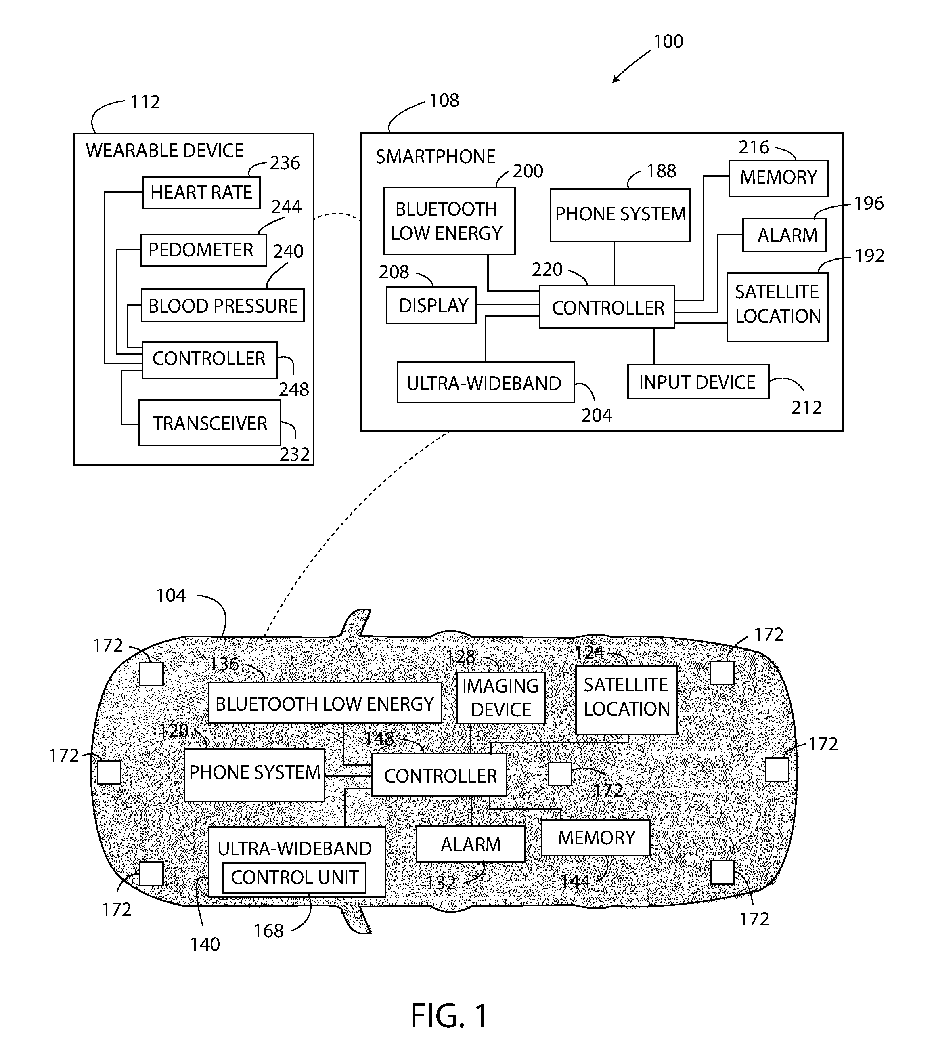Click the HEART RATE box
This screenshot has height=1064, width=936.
[201, 193]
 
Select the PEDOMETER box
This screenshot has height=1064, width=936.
[203, 250]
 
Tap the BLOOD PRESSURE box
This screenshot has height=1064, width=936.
[223, 306]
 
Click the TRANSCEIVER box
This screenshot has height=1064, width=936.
[209, 423]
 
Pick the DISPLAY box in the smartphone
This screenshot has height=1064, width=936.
[431, 305]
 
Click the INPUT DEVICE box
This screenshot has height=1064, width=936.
[698, 382]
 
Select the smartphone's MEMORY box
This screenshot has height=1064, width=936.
[778, 178]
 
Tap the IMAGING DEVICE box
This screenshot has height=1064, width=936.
[500, 698]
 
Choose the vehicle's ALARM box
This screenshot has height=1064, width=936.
[470, 844]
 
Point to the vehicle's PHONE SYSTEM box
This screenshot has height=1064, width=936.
[254, 774]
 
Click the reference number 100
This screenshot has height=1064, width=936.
[668, 42]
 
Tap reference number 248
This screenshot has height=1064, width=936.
[294, 389]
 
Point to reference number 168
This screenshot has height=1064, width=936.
[268, 931]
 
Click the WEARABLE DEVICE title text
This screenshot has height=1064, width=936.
[164, 151]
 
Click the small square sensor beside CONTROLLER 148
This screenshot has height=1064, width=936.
[560, 774]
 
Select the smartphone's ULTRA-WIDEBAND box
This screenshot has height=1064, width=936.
[486, 383]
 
